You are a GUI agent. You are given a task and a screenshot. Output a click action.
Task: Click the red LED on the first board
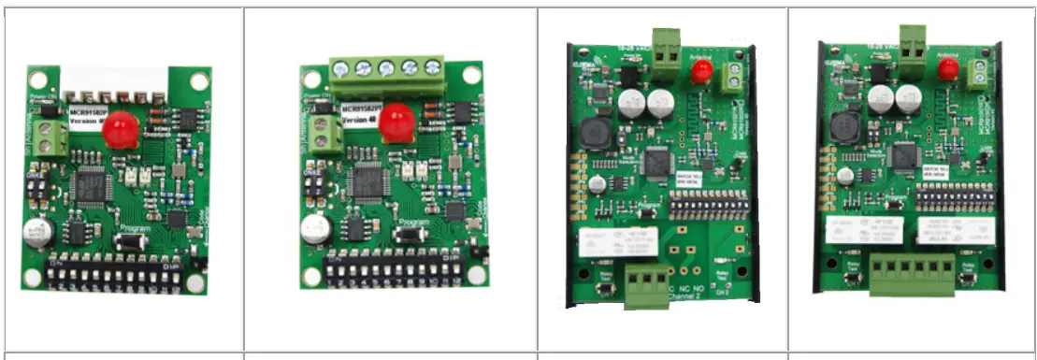[120, 129]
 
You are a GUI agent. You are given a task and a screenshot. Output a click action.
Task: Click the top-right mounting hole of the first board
[198, 80]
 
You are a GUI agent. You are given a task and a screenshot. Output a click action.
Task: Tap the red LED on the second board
[396, 122]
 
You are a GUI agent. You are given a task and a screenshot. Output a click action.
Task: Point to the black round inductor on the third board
[595, 134]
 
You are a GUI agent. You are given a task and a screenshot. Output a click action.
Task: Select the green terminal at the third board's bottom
[643, 281]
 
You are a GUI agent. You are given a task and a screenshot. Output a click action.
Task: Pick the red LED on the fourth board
[947, 68]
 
